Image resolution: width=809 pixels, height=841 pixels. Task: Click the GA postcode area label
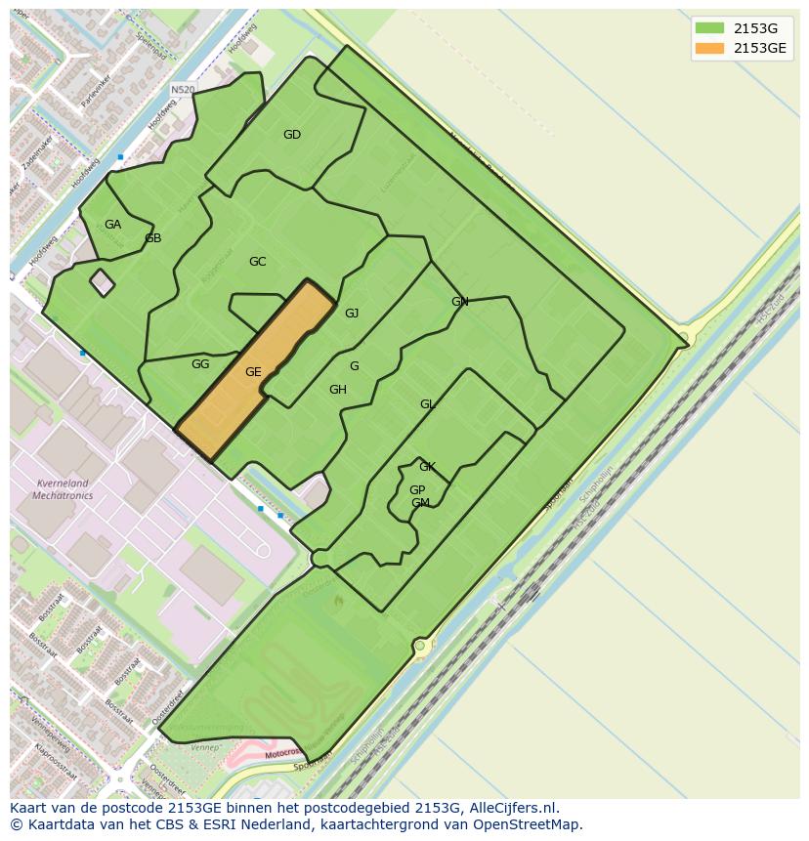pos(112,225)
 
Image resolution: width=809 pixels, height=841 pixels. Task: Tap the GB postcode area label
pos(152,238)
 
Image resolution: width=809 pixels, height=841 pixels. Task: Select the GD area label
pos(291,135)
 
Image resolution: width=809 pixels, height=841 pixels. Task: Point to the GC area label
pos(257,262)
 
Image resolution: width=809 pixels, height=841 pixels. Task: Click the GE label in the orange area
pos(253,372)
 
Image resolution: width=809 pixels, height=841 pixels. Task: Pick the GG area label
pos(200,364)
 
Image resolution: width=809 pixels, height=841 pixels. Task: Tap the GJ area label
pos(352,314)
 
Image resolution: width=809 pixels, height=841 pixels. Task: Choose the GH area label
pos(337,390)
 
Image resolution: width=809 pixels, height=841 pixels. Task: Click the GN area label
pos(459,302)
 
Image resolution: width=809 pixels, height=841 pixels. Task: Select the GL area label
pos(427,404)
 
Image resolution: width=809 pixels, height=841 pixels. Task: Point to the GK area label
pos(427,467)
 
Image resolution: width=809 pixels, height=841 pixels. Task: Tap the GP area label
pos(417,490)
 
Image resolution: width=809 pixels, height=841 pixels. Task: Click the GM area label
pos(420,503)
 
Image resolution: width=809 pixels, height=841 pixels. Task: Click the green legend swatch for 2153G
pos(709,28)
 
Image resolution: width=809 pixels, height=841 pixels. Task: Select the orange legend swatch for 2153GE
pos(709,48)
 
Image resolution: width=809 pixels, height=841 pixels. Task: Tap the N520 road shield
pos(183,90)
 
